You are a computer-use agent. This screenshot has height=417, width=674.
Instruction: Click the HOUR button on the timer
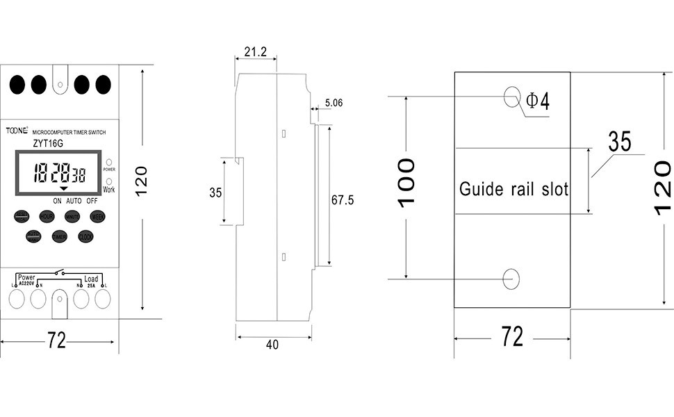(x=47, y=217)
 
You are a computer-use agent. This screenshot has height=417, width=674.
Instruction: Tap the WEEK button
(x=98, y=217)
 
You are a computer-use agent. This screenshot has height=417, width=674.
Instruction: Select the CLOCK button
(x=85, y=237)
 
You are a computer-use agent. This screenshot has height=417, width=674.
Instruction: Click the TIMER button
(x=60, y=237)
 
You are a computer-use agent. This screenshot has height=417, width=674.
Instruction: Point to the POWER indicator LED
(x=109, y=162)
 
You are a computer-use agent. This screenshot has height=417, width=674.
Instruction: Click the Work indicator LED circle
(x=109, y=181)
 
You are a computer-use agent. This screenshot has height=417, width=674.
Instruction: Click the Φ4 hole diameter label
(x=537, y=101)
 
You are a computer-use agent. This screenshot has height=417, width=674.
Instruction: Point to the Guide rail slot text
(x=514, y=189)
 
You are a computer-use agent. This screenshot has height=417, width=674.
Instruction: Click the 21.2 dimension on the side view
(x=256, y=51)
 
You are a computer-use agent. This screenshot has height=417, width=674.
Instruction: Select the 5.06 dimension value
(x=334, y=104)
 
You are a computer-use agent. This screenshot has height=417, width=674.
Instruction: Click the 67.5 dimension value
(x=342, y=200)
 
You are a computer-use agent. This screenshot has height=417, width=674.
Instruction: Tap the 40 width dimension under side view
(x=272, y=345)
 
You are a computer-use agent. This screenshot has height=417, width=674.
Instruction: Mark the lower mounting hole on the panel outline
(x=512, y=278)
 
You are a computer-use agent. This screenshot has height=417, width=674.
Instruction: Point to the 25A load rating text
(x=91, y=284)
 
